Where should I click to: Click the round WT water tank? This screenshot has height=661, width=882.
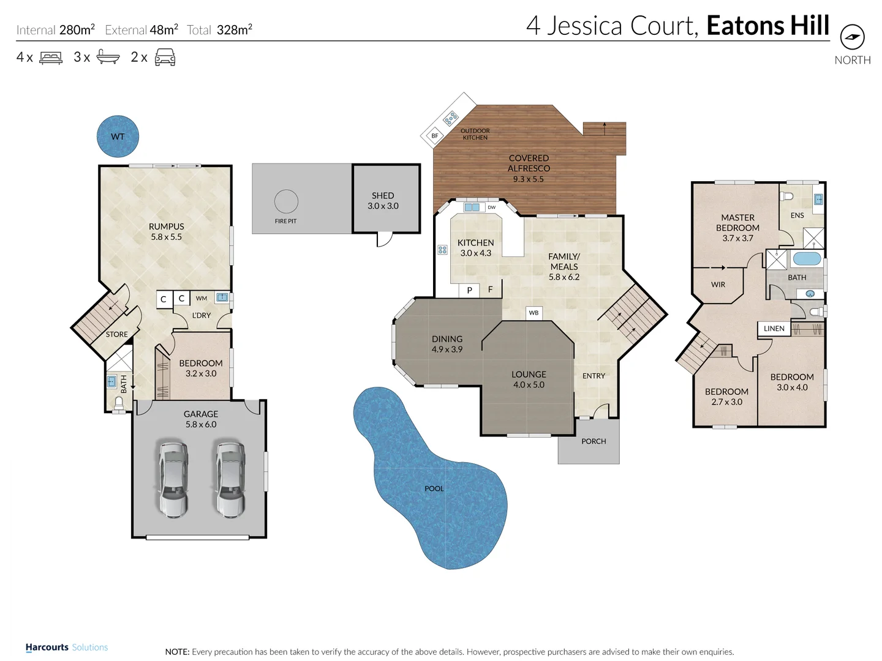pos(118,136)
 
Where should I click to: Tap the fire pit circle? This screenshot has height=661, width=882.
pos(286,201)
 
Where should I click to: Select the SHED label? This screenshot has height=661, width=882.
pos(383,196)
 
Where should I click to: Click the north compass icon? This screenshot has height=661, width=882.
pos(852,38)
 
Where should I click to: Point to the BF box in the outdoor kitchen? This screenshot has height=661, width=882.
pos(435,136)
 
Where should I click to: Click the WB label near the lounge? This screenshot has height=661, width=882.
pos(533,313)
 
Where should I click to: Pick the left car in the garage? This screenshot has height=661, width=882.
pos(173,479)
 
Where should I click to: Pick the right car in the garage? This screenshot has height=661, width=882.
pos(230,479)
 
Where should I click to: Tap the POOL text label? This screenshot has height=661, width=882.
pos(434,488)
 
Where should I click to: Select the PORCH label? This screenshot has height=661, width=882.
pos(594,441)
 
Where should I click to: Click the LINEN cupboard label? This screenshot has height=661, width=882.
pos(774,329)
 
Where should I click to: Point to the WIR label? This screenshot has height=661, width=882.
pos(718,285)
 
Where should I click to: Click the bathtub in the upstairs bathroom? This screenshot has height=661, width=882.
pos(807,258)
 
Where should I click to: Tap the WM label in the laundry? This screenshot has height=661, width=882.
pos(202,299)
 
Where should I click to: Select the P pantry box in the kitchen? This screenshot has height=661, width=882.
pos(470,290)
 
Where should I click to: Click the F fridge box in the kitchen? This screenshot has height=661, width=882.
pos(490,289)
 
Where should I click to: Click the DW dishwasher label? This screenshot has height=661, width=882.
pos(491,207)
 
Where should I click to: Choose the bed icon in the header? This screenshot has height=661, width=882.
pos(51,58)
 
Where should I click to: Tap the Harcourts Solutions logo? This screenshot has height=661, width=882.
pos(67,648)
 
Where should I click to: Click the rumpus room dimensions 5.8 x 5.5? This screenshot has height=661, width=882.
pos(167,237)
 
